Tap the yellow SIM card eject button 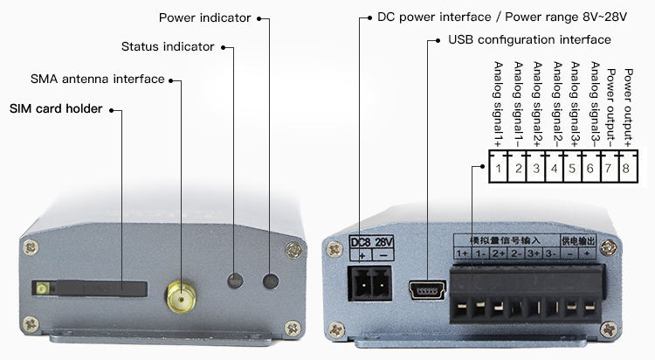click(41, 287)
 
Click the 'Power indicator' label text click(204, 17)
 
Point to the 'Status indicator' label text click(166, 46)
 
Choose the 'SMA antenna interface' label click(97, 80)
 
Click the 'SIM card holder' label click(56, 109)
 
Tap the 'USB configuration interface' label click(529, 40)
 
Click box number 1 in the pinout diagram click(498, 166)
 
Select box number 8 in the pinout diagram click(626, 166)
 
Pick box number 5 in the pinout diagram click(571, 166)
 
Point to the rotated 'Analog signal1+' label click(499, 103)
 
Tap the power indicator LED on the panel click(272, 281)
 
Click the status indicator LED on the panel click(234, 281)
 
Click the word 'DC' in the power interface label click(387, 17)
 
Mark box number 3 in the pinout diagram click(534, 166)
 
